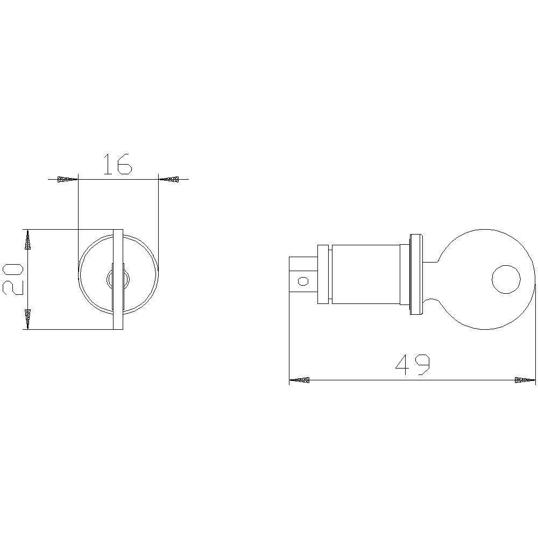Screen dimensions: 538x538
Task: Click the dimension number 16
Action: [117, 164]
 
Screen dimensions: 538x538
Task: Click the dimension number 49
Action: [413, 365]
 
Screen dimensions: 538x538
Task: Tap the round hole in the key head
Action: [506, 280]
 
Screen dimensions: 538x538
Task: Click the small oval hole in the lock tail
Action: [303, 280]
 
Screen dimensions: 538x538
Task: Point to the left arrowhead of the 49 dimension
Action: [300, 380]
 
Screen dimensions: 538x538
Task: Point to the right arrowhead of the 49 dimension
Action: [525, 380]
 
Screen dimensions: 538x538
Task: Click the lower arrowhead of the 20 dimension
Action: [27, 319]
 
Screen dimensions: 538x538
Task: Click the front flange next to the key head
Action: [415, 274]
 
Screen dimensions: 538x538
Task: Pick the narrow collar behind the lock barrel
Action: [323, 274]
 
